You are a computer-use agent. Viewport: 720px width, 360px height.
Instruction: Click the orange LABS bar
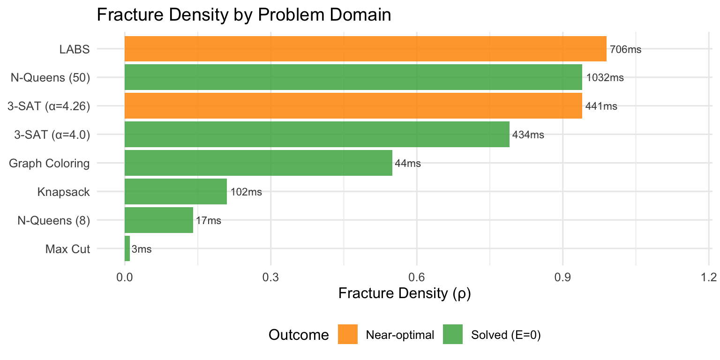365,49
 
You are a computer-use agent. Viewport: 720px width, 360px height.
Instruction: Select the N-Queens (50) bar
353,77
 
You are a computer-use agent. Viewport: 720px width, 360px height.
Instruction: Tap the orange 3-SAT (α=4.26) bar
353,106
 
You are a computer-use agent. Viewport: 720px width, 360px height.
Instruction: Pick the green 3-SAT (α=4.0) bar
317,135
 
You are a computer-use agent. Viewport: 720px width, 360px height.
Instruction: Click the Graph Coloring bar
258,163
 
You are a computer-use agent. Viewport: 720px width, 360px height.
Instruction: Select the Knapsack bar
176,192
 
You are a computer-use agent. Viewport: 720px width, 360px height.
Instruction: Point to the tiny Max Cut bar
127,248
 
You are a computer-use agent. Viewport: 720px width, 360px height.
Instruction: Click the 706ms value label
625,49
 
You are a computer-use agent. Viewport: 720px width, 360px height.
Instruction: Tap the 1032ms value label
604,78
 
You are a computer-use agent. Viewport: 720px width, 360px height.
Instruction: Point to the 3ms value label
142,249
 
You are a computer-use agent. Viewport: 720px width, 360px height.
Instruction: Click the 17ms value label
208,221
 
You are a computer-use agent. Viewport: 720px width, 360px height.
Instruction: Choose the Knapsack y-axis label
63,192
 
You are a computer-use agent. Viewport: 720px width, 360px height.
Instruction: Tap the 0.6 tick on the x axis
416,277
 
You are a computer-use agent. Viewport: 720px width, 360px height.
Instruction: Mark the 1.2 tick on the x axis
709,277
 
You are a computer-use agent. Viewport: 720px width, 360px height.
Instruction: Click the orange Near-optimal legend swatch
347,334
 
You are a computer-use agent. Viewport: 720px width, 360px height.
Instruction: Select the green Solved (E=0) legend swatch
452,334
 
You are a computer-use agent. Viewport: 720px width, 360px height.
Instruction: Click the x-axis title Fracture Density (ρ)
404,294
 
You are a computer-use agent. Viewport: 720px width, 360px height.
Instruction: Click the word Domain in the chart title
359,15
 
